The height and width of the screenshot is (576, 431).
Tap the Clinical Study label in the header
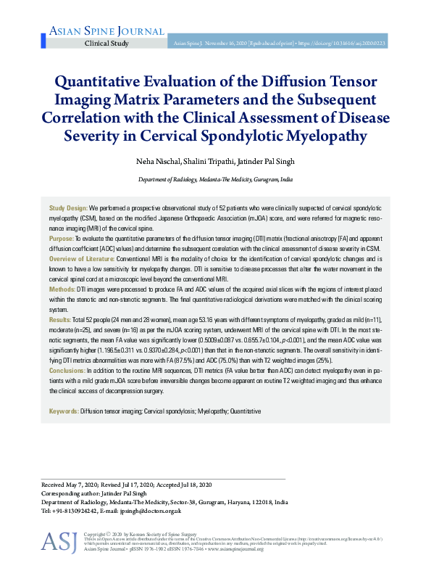[106, 44]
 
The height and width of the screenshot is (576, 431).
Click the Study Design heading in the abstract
[68, 208]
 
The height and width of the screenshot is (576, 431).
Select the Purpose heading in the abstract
[62, 238]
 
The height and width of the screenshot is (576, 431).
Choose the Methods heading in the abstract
[63, 288]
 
